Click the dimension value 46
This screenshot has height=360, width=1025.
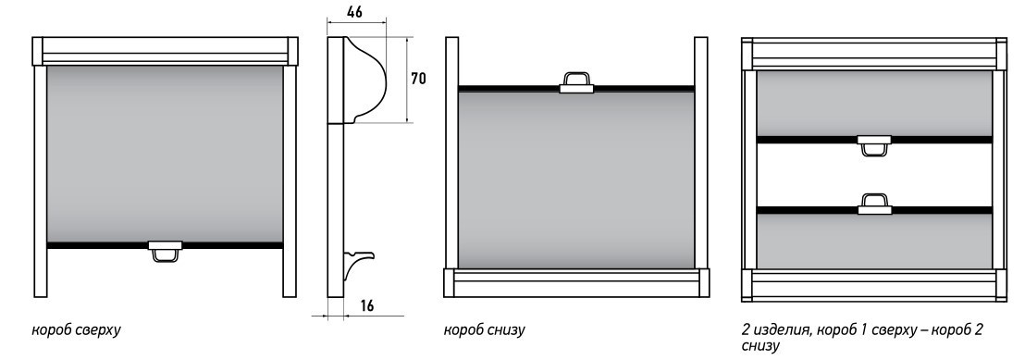355,12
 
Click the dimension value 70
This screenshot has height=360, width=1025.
418,80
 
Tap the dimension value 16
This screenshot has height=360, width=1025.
367,305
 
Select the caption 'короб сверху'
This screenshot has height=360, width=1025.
77,330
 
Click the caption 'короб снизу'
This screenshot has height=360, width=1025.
485,330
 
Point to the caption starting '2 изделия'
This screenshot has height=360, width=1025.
862,337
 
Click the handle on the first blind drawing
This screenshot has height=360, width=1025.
166,252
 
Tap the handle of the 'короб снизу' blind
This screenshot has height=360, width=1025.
576,82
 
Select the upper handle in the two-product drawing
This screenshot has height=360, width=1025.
874,146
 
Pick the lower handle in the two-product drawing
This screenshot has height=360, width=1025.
874,204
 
